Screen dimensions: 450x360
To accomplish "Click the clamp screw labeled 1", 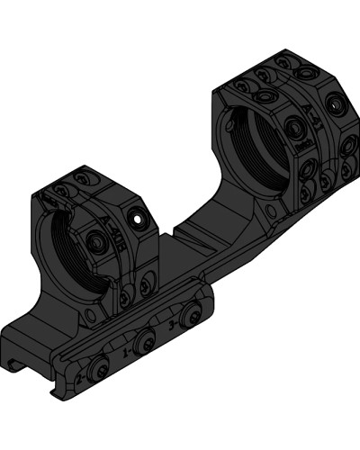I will (x=145, y=341).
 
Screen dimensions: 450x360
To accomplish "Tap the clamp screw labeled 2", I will (x=97, y=368).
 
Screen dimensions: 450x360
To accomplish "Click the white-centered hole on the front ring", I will (x=137, y=217).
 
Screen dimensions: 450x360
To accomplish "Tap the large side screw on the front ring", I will (x=97, y=239).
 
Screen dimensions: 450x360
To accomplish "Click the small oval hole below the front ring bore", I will (x=92, y=315).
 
